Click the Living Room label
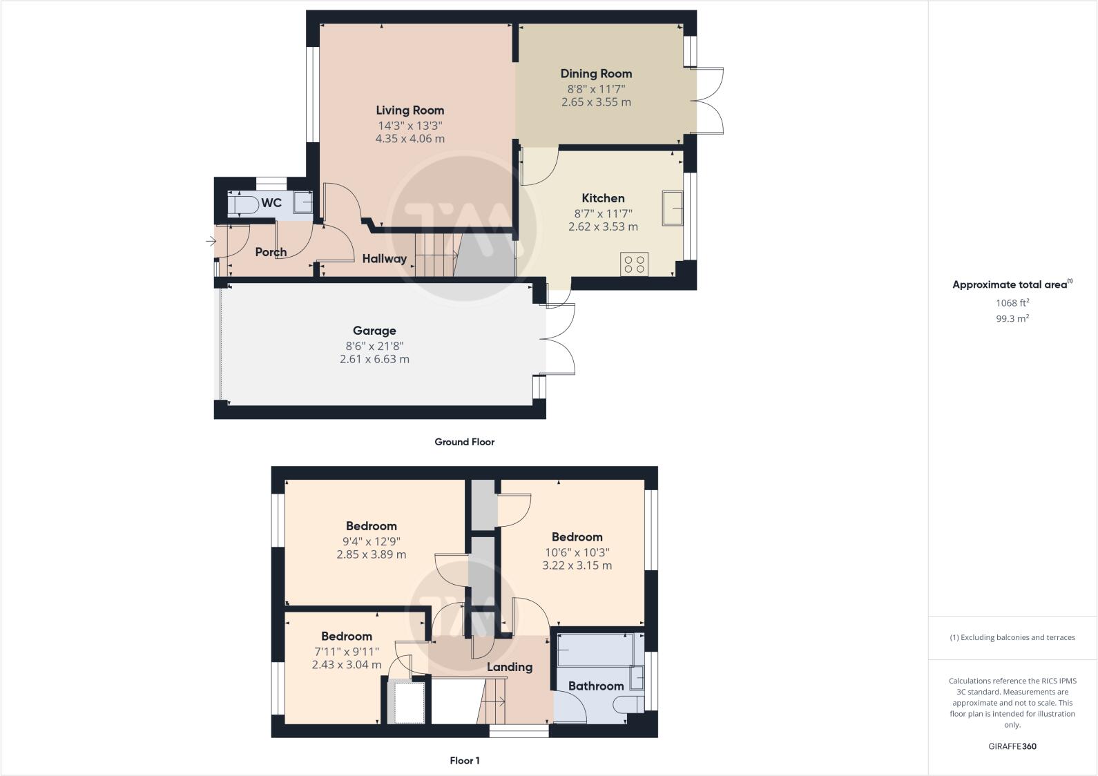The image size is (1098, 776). [410, 110]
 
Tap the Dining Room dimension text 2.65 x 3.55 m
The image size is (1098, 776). [596, 102]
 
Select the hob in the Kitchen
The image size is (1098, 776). [634, 264]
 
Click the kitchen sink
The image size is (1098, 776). [672, 208]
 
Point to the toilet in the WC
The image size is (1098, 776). [242, 204]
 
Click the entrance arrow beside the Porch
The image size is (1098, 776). [211, 241]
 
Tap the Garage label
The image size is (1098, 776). [374, 331]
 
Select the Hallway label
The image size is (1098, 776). [385, 259]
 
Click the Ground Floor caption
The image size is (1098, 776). [464, 442]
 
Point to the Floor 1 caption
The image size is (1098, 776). [464, 761]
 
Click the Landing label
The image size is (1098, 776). [510, 667]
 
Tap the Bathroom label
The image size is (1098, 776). [596, 686]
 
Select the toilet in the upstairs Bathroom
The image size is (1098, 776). [626, 704]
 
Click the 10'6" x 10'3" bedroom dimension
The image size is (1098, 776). [577, 552]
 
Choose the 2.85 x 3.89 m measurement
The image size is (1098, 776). [371, 554]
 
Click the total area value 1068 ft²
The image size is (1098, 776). [1012, 302]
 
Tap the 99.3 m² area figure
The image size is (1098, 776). [1012, 318]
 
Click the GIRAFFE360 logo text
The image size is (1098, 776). [1012, 746]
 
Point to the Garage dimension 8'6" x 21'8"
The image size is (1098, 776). [374, 346]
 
